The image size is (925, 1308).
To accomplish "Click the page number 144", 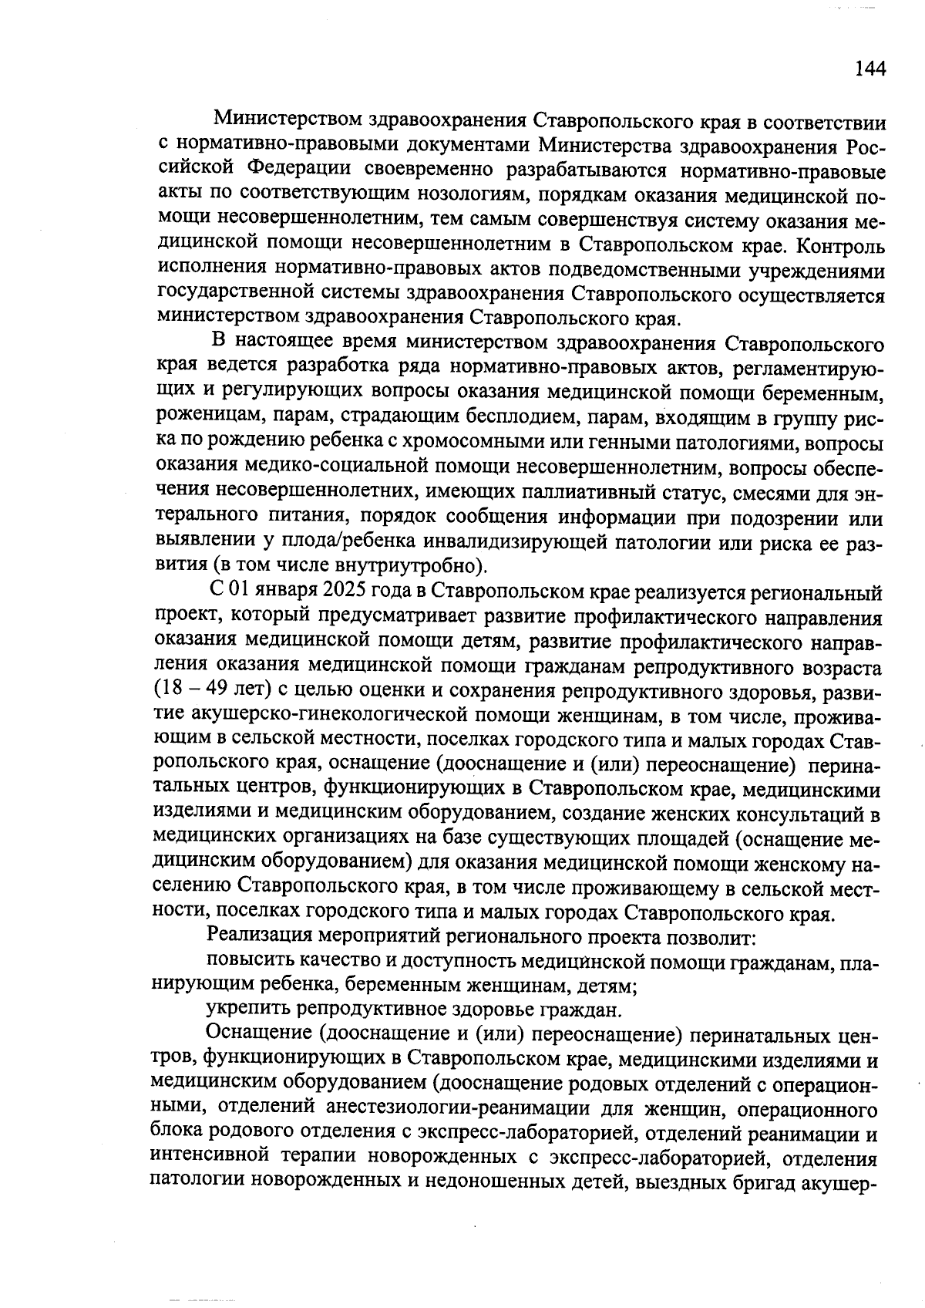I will click(870, 69).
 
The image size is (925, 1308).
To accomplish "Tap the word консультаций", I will click(791, 814).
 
